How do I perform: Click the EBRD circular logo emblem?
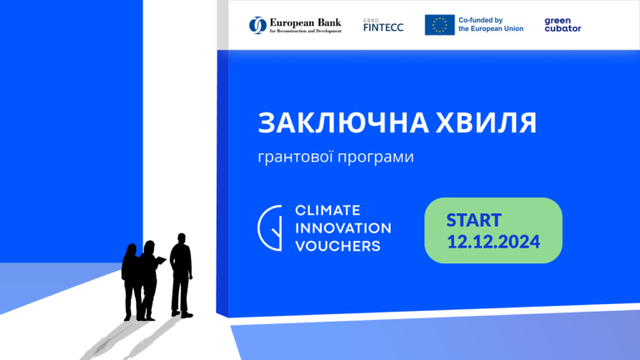pyautogui.click(x=257, y=25)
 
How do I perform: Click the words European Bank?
pyautogui.click(x=305, y=22)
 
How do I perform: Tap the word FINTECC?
pyautogui.click(x=383, y=27)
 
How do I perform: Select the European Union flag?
pyautogui.click(x=440, y=25)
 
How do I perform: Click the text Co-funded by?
pyautogui.click(x=480, y=20)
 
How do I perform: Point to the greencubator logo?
pyautogui.click(x=562, y=24)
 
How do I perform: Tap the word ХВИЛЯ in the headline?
pyautogui.click(x=486, y=122)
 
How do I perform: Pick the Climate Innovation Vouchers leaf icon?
pyautogui.click(x=270, y=227)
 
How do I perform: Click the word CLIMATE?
pyautogui.click(x=327, y=210)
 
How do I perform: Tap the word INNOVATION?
pyautogui.click(x=343, y=228)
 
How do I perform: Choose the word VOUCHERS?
pyautogui.click(x=338, y=246)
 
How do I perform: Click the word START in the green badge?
pyautogui.click(x=474, y=220)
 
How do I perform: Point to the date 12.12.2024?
pyautogui.click(x=493, y=242)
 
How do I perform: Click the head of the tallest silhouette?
pyautogui.click(x=182, y=239)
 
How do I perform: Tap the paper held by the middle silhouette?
pyautogui.click(x=161, y=260)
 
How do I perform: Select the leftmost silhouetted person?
pyautogui.click(x=132, y=282)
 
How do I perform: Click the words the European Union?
pyautogui.click(x=491, y=28)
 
